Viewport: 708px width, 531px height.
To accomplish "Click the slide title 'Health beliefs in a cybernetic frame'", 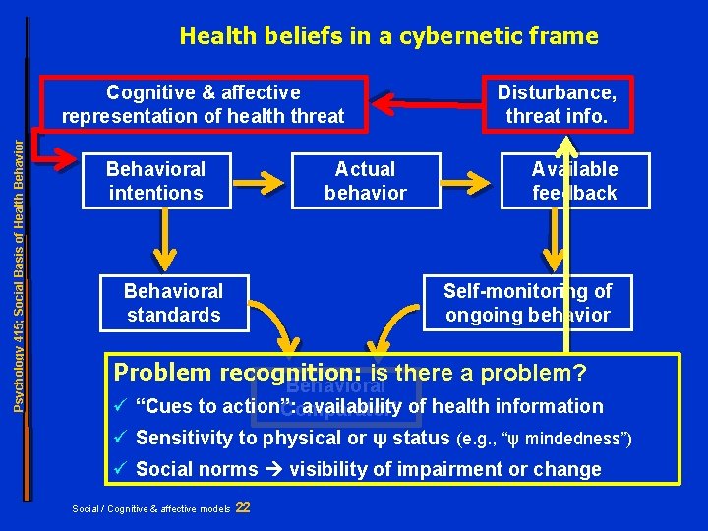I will point(388,36).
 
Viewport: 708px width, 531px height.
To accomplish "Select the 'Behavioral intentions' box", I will point(155,181).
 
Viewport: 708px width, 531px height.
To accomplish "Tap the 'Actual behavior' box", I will point(365,181).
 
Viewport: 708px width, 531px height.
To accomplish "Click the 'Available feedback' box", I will point(574,181).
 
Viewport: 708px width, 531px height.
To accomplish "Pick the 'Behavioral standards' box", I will point(173,303).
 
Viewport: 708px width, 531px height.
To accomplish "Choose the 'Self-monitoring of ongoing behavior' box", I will point(527,303).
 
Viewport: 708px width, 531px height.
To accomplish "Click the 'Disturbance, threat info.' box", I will point(557,104).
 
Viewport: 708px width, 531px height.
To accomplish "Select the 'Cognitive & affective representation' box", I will point(203,104).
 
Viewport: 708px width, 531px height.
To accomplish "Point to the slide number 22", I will point(243,507).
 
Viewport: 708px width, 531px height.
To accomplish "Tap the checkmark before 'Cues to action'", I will point(121,406).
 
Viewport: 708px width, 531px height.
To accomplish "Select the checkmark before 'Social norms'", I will point(121,469).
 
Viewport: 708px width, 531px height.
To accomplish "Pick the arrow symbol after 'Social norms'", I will point(275,470).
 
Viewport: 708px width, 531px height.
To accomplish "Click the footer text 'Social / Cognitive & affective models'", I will point(151,508).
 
